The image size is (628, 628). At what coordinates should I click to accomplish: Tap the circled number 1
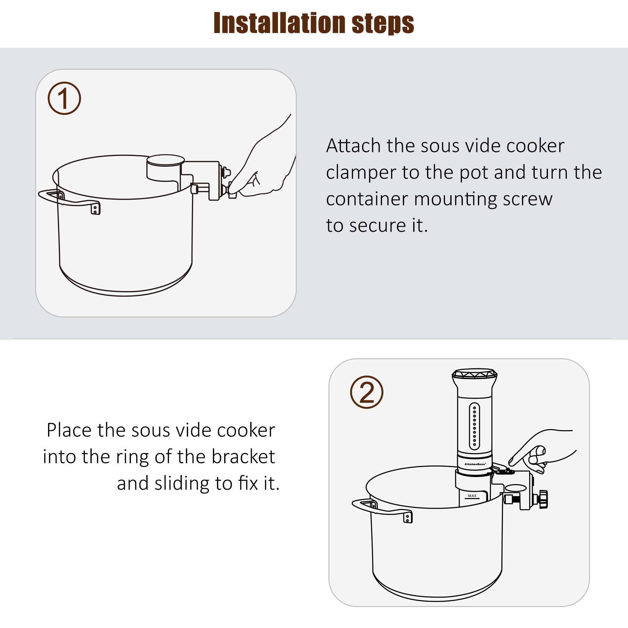(x=64, y=98)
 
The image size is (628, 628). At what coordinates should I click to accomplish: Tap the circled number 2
(x=366, y=392)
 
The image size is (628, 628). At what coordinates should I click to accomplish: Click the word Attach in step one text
(x=353, y=146)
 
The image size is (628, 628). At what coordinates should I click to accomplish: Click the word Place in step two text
(x=69, y=430)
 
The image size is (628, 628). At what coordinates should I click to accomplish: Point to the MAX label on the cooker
(x=472, y=496)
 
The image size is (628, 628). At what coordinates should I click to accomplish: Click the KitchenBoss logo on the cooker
(x=475, y=464)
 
